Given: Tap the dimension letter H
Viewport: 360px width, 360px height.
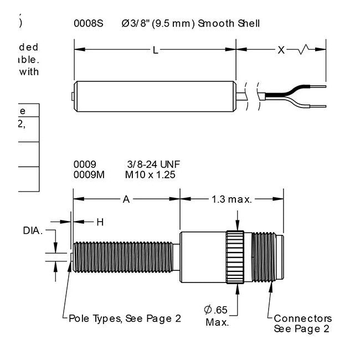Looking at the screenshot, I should [100, 222].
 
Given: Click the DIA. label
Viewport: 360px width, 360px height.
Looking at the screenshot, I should [33, 230].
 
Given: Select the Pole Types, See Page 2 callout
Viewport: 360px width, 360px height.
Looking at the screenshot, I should [125, 318].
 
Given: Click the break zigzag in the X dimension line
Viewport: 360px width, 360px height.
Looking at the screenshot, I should [306, 51].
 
